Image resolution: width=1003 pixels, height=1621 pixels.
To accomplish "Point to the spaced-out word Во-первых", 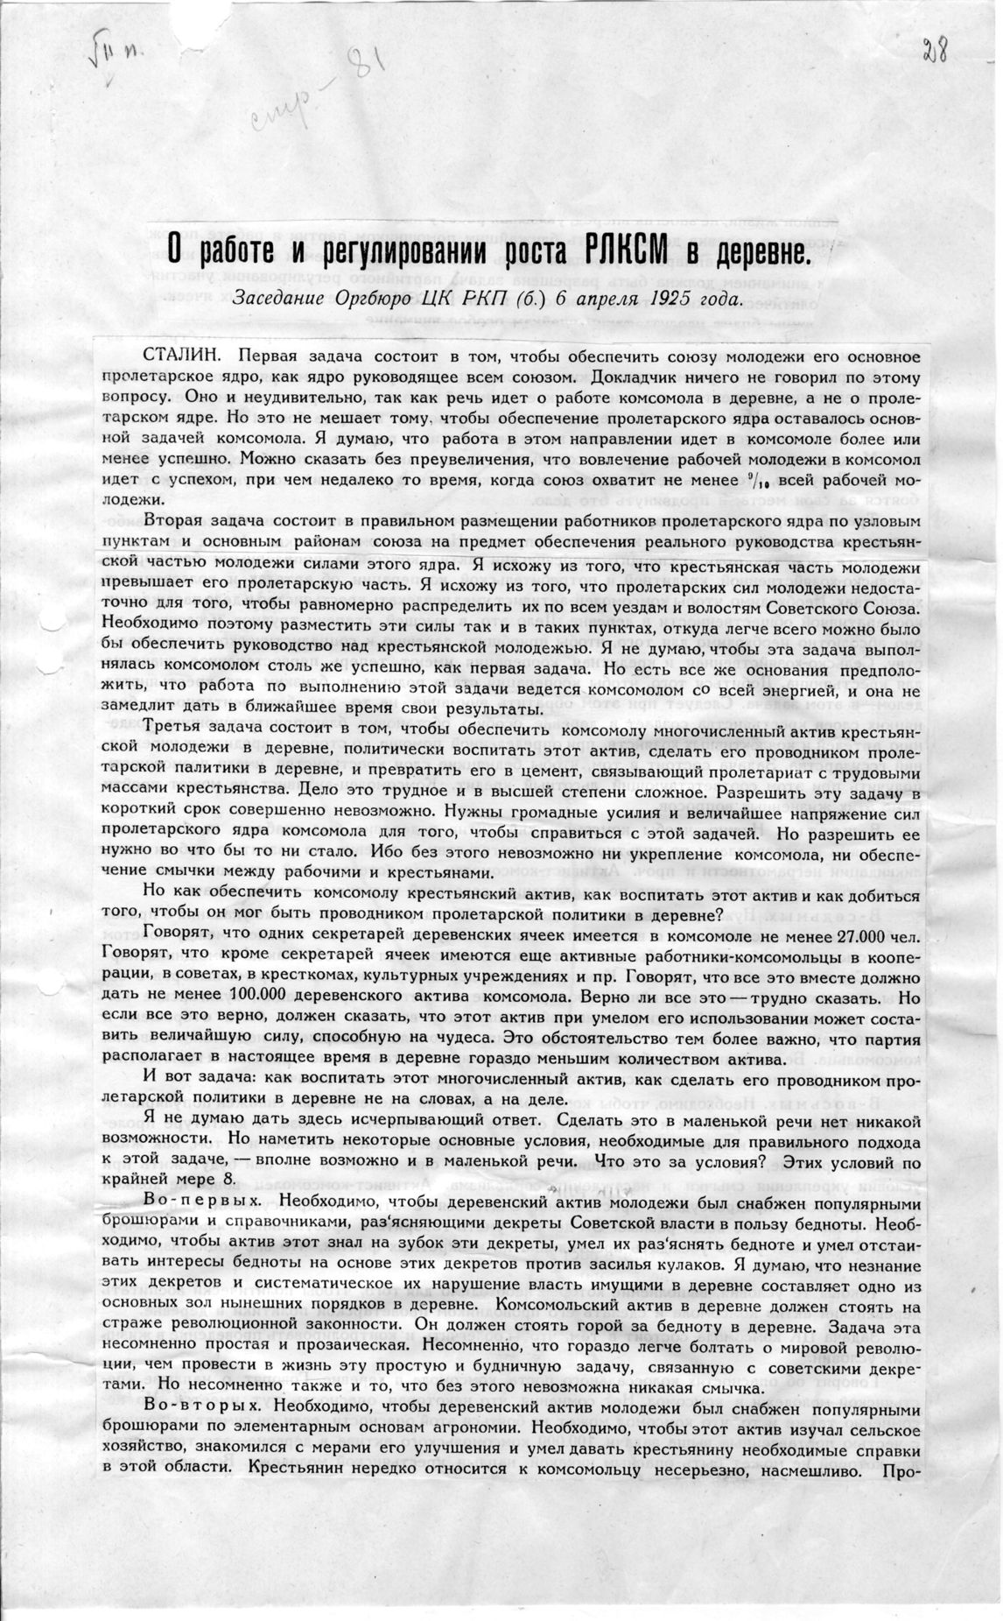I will click(193, 1201).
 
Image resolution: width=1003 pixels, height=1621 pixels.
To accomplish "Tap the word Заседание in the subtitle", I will click(279, 297).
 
